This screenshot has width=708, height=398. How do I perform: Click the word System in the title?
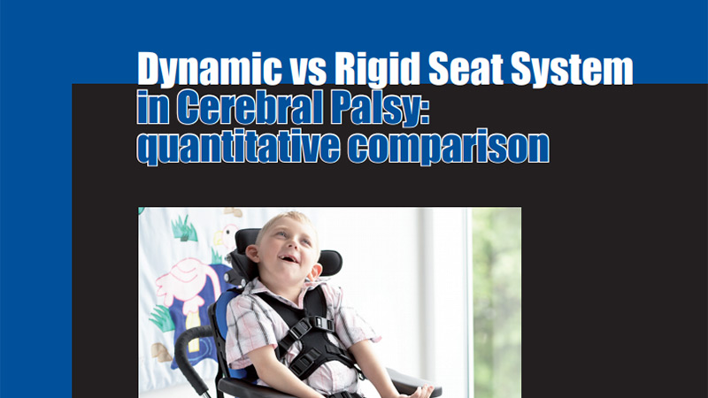572,70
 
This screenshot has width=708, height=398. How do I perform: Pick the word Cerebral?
250,107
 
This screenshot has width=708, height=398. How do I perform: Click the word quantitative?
238,147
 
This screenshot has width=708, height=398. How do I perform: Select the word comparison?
449,148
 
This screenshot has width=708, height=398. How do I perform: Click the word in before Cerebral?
153,107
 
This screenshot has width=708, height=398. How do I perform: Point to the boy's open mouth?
289,259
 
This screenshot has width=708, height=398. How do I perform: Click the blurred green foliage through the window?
496,302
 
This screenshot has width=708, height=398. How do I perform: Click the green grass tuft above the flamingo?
185,228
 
